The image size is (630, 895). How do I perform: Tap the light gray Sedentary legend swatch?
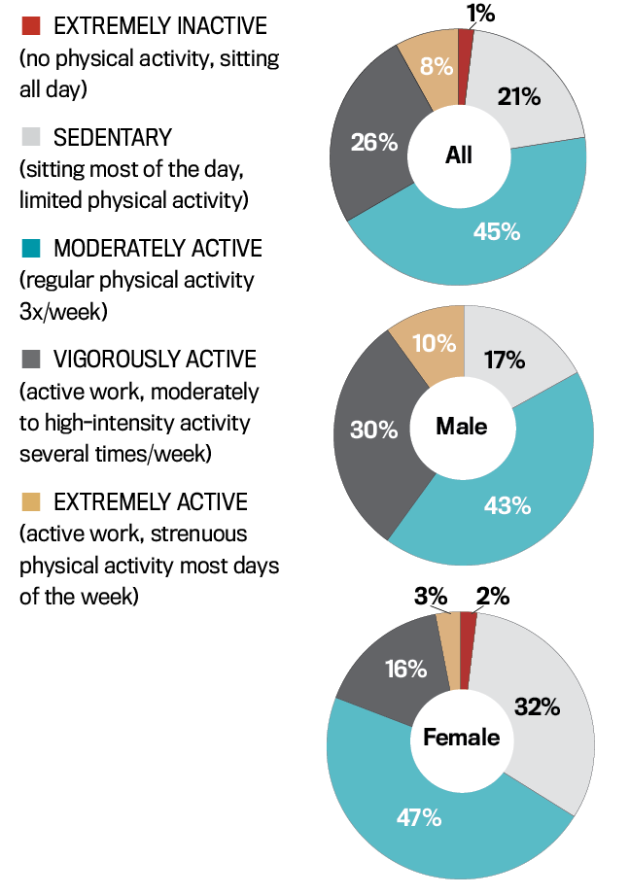coord(29,137)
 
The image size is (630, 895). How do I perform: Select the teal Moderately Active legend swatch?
coord(29,249)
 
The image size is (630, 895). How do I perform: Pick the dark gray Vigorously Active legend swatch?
coord(29,360)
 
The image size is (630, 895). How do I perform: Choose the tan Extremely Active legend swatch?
coord(29,502)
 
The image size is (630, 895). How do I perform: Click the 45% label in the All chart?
coord(497,231)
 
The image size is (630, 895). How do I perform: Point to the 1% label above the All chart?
coord(480,14)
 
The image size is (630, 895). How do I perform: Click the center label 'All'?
coord(459,155)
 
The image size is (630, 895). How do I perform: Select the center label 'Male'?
coord(462,426)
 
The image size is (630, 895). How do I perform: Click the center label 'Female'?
coord(461,738)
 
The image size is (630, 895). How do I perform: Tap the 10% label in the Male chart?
coord(434,342)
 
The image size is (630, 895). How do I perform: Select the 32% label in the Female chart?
coord(537,706)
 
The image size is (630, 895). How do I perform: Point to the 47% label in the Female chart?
coord(418,817)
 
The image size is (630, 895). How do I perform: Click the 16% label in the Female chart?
coord(404,669)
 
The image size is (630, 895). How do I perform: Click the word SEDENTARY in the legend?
coord(113,137)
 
